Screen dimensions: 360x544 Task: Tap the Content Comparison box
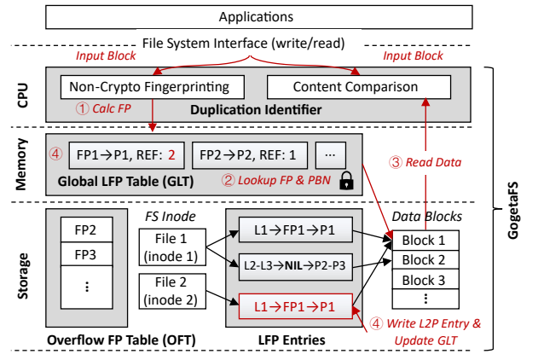[x=354, y=87]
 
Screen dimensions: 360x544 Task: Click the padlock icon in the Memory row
[x=347, y=179]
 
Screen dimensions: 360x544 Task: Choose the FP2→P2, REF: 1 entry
[x=248, y=156]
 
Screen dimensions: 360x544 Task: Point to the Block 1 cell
[x=424, y=241]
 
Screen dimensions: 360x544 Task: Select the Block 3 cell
[x=424, y=279]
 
